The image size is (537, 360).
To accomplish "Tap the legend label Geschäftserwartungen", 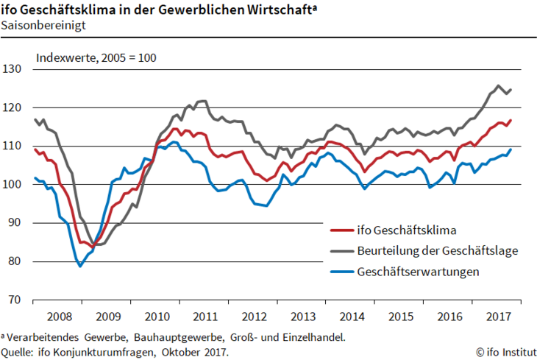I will [418, 271].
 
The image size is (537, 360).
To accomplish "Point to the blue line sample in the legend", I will [340, 271].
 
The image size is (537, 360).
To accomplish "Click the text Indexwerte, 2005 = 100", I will [96, 57].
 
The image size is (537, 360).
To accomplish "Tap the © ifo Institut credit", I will [505, 352].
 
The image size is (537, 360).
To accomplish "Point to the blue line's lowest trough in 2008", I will [80, 266].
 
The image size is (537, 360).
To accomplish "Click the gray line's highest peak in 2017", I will [498, 85].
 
